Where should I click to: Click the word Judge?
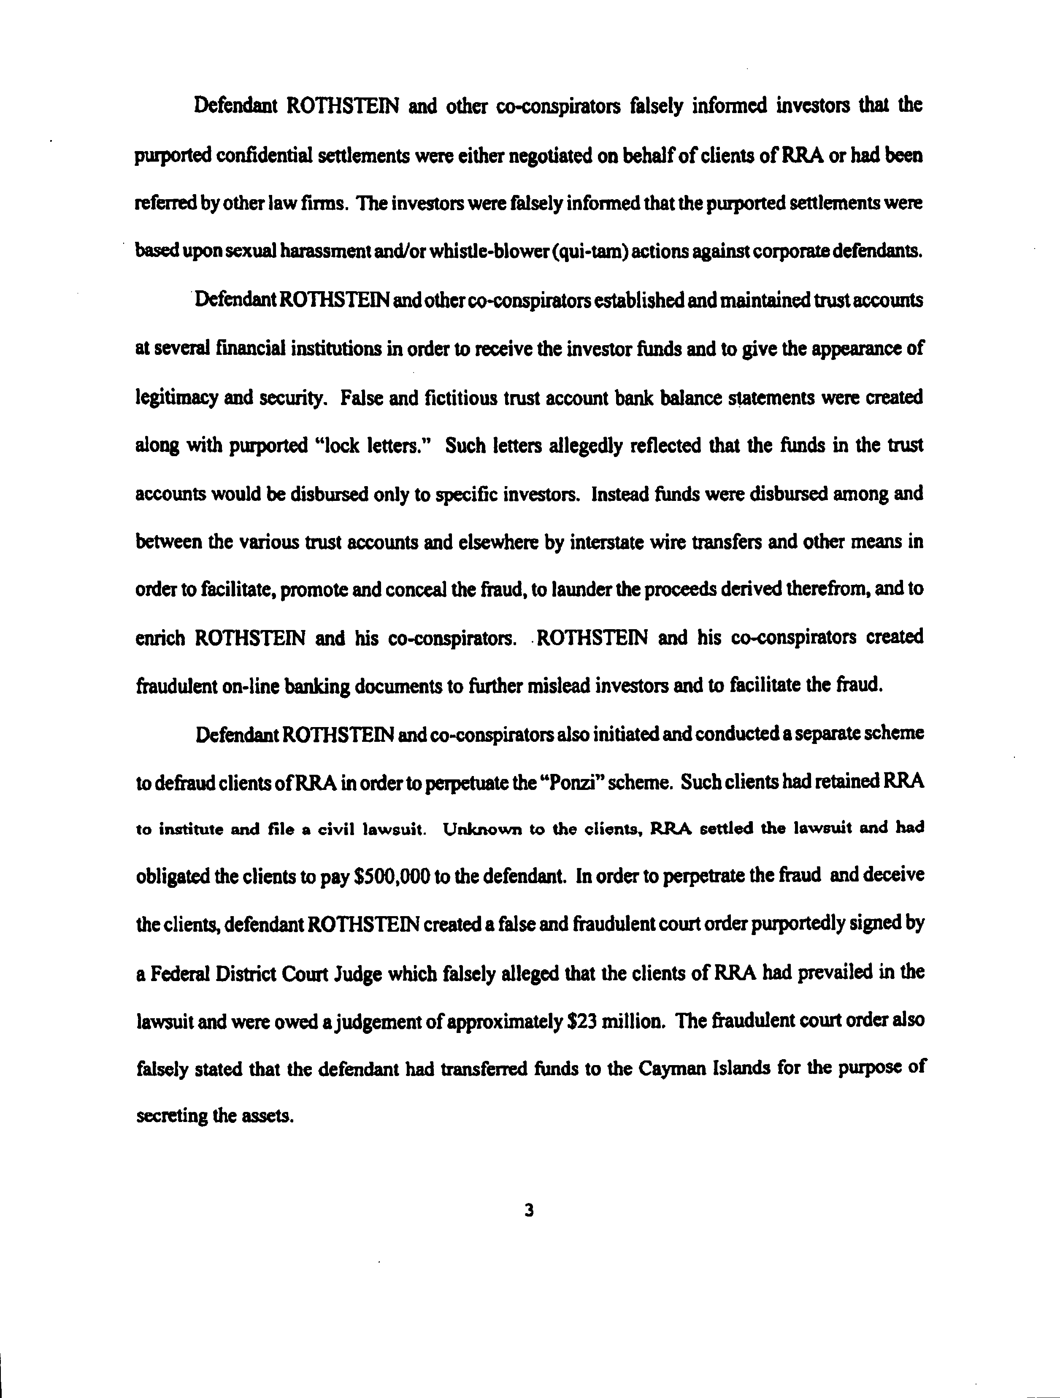347,973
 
